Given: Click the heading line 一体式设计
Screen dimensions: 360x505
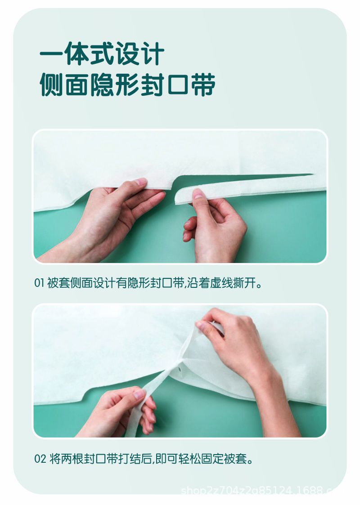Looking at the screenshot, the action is [x=102, y=54].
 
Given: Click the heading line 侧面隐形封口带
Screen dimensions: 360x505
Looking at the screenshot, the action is [x=127, y=85].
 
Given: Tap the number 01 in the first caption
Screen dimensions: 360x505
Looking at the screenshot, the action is [x=39, y=283].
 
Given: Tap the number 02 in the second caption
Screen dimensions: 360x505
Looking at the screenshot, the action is [x=40, y=459].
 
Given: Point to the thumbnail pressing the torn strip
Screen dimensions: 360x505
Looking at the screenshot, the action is [x=197, y=193].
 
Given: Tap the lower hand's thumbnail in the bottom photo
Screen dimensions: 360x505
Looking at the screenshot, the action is [x=139, y=394].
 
